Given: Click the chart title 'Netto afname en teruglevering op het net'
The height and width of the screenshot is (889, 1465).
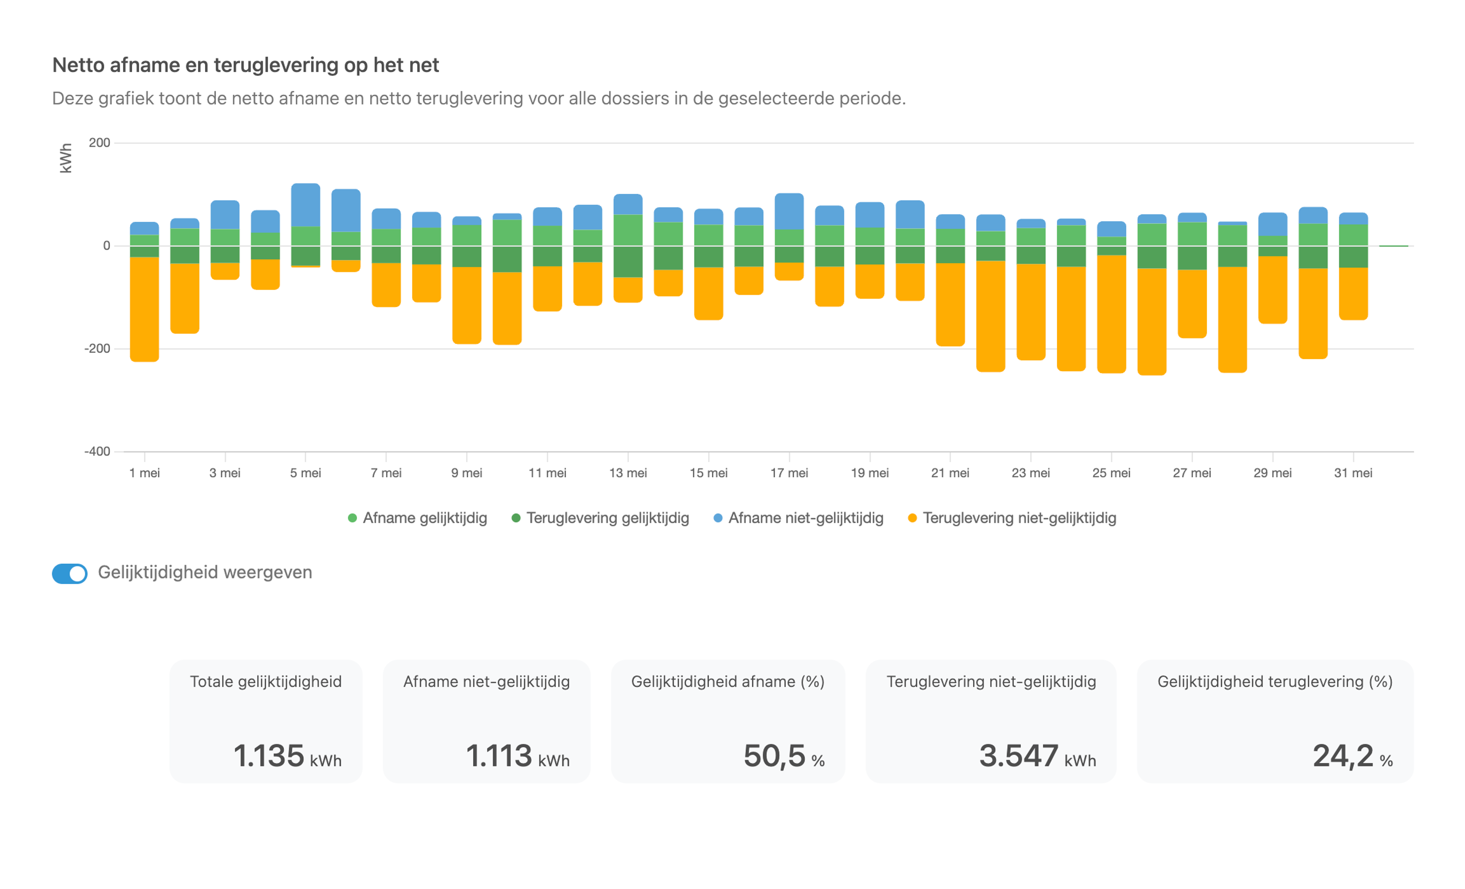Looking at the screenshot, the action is [x=246, y=65].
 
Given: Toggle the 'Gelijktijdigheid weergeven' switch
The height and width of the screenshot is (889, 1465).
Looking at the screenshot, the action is [x=70, y=573].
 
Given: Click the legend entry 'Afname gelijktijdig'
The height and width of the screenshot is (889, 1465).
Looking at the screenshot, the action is [x=418, y=518].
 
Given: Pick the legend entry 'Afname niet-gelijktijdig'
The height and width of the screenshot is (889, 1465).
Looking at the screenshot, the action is [x=798, y=518].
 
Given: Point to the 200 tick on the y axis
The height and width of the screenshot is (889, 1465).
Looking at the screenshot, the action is [x=99, y=142].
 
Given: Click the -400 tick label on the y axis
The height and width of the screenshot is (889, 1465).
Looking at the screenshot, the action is [x=97, y=451].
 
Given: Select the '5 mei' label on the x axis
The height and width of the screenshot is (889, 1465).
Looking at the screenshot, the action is [x=306, y=473].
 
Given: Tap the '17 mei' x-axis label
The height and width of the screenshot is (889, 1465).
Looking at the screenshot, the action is [x=789, y=473].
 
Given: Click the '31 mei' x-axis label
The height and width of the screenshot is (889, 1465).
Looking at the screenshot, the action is [x=1353, y=473].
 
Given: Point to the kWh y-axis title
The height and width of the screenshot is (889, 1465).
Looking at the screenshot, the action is [x=66, y=158].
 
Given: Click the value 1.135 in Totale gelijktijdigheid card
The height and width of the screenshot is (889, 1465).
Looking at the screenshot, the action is [x=269, y=756].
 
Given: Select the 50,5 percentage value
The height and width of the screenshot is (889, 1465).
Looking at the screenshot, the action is [x=774, y=757].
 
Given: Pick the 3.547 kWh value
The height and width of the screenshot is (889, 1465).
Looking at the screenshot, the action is [x=1019, y=756].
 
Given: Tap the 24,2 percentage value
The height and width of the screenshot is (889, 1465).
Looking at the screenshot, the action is [x=1343, y=757].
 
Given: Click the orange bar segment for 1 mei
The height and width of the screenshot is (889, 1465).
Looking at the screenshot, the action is [x=144, y=310].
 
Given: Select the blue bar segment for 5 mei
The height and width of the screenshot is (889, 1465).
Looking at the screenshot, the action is [x=306, y=205].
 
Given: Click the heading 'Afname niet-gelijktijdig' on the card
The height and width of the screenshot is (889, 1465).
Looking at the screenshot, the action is [x=487, y=682].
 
